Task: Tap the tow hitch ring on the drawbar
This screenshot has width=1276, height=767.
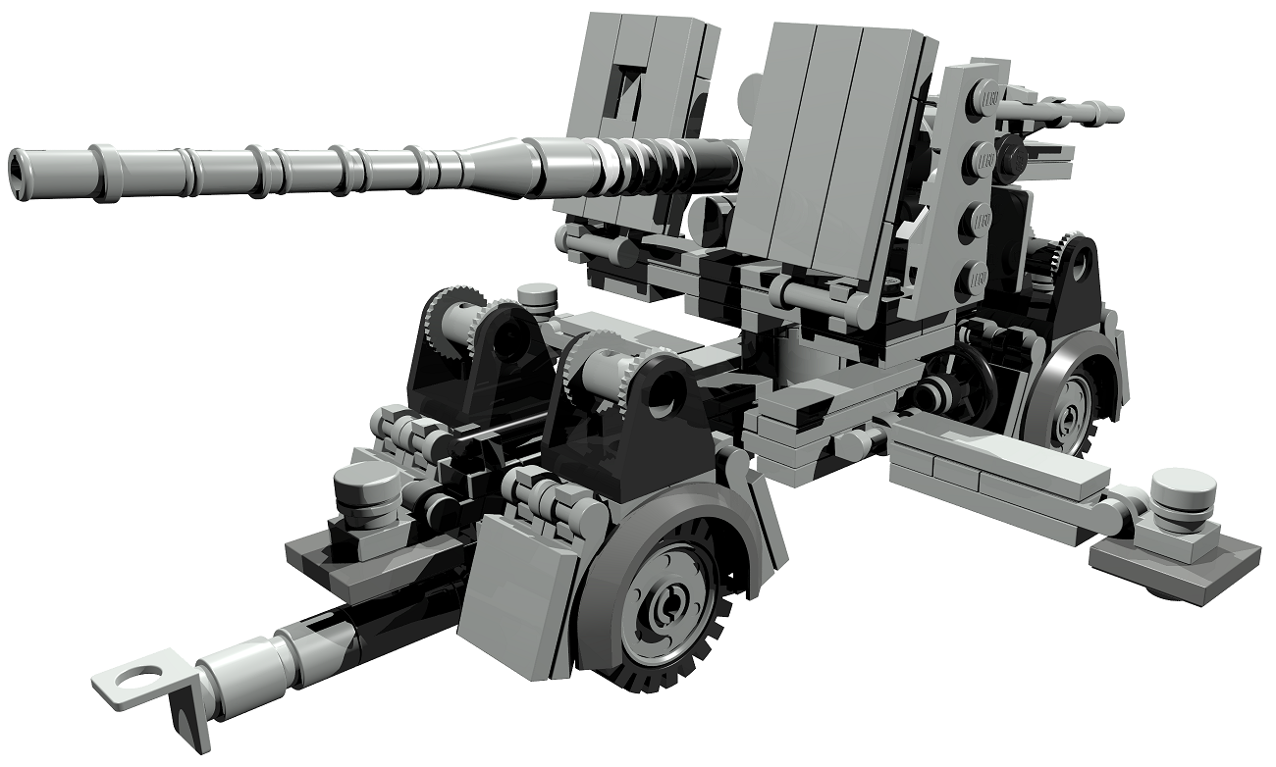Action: click(x=136, y=676)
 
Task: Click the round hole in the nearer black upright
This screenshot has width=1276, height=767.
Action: click(x=669, y=389)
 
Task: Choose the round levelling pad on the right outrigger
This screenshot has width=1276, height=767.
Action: click(x=1183, y=495)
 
